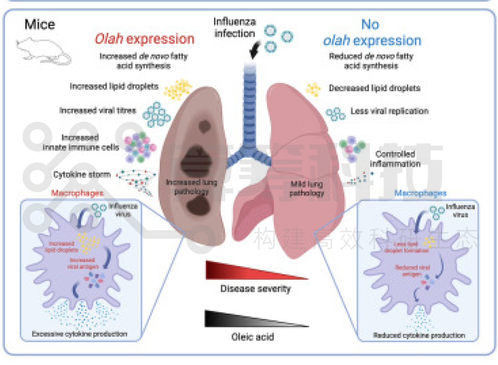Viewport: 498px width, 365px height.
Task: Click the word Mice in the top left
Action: (40, 24)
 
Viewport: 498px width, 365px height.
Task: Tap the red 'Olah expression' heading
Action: (144, 39)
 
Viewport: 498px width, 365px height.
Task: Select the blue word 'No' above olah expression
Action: (370, 24)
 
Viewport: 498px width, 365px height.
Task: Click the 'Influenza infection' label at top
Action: (235, 27)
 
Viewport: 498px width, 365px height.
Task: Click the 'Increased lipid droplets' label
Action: (114, 86)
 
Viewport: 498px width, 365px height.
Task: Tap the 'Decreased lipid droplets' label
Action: (374, 88)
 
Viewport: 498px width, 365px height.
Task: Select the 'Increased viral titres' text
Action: (98, 110)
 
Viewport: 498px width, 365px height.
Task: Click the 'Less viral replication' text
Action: (389, 111)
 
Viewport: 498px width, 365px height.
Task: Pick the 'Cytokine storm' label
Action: (82, 174)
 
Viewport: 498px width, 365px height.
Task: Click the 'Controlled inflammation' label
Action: (395, 159)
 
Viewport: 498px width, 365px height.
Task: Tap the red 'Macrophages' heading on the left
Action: (77, 193)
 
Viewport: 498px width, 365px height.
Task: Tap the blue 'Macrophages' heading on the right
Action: (420, 193)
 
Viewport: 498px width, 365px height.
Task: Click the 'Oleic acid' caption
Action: (252, 337)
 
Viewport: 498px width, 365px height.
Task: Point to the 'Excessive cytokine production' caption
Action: (79, 334)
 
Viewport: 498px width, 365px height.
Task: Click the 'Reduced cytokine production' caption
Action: (419, 335)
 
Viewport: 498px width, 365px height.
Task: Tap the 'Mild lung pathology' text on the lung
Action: (307, 188)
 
